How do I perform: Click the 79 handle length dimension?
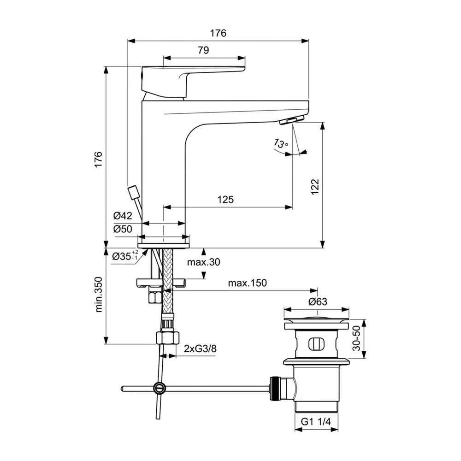(203, 50)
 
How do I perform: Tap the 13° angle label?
(281, 143)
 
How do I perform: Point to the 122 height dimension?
(314, 187)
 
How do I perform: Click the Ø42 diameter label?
(123, 216)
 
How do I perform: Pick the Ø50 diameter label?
(123, 229)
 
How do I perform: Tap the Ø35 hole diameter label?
(125, 256)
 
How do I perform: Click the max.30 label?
(203, 262)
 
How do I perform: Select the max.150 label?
(247, 283)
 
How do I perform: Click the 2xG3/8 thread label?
(200, 349)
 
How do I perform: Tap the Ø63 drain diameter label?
(318, 301)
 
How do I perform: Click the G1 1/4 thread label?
(316, 422)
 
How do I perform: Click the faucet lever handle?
(193, 82)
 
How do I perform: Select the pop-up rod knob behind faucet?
(134, 191)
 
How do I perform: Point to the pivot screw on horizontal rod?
(160, 388)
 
